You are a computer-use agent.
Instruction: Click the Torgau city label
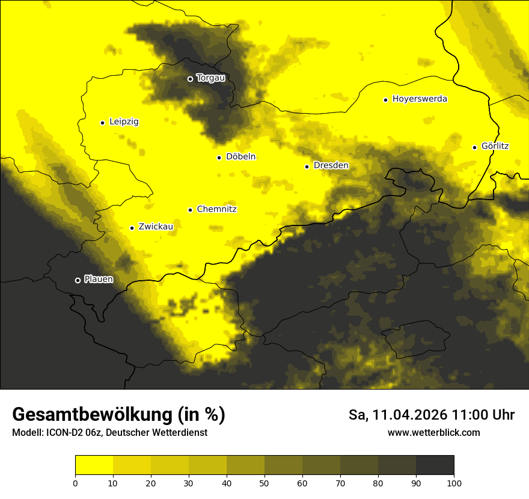210,78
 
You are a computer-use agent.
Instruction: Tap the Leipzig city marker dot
102,123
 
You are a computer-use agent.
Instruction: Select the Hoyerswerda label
420,99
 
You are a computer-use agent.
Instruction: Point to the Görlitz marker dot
474,147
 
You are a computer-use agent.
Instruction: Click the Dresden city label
331,165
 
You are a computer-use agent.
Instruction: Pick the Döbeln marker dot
219,158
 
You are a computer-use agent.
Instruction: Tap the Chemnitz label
216,209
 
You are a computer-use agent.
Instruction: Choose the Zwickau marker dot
132,228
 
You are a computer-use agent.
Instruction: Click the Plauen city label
98,279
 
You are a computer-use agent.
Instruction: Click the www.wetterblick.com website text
433,432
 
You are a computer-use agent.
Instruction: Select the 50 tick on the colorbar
264,483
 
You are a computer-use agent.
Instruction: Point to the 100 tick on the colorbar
454,483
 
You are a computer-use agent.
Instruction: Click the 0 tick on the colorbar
75,483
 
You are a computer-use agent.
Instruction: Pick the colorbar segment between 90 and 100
435,465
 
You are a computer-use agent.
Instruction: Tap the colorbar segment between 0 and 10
94,465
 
